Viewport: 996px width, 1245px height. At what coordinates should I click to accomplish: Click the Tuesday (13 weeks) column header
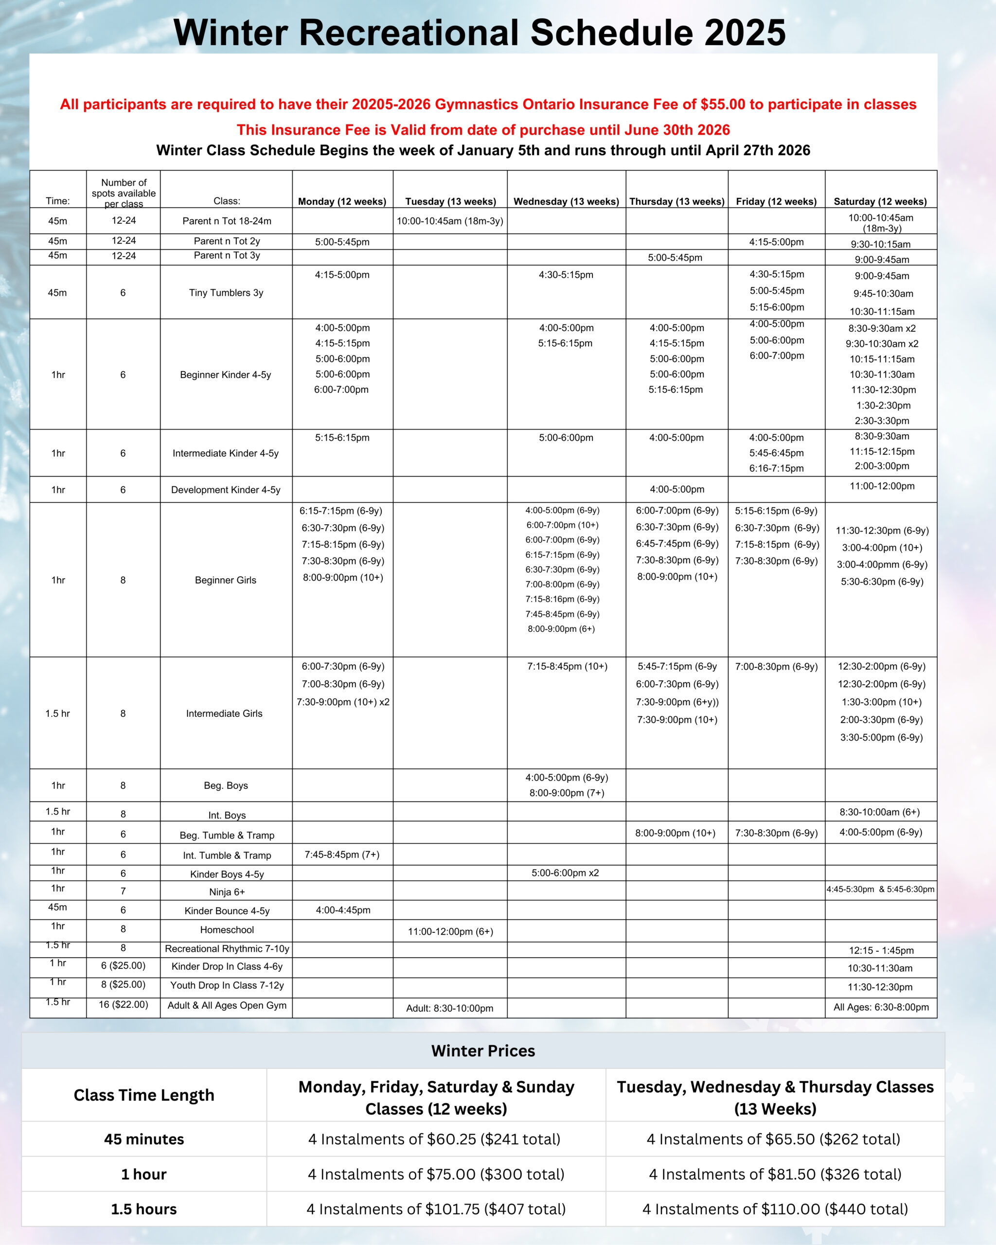450,201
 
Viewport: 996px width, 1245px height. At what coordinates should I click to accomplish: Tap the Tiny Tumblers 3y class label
226,293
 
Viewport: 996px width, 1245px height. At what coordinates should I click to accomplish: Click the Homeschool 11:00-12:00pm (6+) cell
450,931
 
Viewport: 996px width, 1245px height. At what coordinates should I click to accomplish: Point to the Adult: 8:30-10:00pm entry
449,1008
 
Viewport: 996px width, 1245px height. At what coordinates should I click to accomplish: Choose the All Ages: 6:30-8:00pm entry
881,1007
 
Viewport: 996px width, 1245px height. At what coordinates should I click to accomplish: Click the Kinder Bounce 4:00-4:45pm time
343,910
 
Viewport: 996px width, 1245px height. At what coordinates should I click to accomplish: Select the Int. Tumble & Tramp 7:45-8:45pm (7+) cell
342,854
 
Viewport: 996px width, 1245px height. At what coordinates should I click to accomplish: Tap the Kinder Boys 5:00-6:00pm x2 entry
565,873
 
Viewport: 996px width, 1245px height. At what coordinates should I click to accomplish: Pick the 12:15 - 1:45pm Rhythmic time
881,950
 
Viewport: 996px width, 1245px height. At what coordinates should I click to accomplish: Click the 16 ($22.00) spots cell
124,1005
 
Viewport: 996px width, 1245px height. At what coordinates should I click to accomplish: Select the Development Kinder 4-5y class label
226,490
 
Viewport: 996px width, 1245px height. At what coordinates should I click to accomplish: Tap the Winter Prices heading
483,1051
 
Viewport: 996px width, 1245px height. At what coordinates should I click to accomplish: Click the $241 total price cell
434,1139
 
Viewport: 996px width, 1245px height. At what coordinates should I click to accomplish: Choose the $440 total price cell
775,1209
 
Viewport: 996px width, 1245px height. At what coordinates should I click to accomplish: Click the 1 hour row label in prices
144,1174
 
